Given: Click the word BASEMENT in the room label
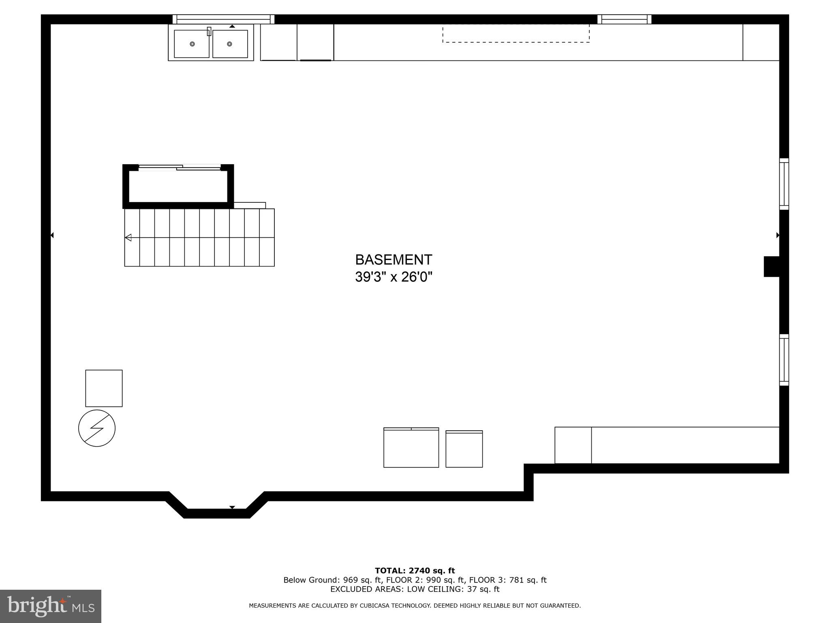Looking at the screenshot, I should point(394,260).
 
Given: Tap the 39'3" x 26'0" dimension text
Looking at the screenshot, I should point(394,277).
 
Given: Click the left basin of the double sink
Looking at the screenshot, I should point(192,44).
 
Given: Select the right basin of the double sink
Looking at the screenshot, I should point(230,44).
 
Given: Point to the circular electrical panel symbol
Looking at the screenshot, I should point(97,428).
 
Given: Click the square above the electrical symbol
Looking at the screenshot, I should point(104,388).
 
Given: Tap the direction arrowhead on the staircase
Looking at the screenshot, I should point(128,238).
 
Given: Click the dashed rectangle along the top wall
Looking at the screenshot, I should point(516,33).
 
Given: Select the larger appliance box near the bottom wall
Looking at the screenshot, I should point(411,448).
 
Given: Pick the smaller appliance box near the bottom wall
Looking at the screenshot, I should point(464,449).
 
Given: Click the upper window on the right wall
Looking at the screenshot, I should point(784,184).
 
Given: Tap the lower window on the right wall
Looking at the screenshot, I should point(784,360).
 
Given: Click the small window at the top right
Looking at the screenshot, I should point(624,19).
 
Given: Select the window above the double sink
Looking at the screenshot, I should point(223,19).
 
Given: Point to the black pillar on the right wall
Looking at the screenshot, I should point(772,266).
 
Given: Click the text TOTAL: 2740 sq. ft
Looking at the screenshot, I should point(415,571).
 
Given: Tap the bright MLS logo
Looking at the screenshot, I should point(51,606).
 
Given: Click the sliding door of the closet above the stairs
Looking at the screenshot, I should point(180,167).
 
